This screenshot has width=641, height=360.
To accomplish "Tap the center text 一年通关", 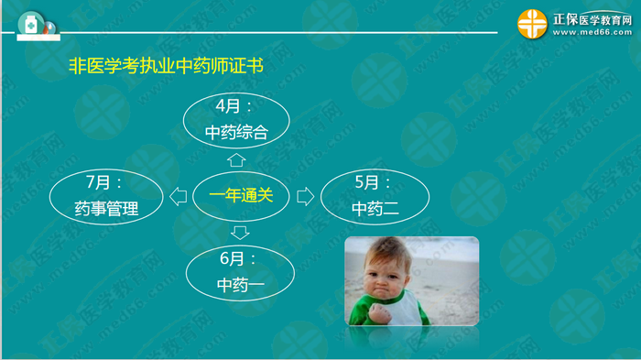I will point(240,195).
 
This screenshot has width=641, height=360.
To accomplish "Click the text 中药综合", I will point(236,133).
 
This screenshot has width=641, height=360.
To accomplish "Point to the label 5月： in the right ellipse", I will point(375,183).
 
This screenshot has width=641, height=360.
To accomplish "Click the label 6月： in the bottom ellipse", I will point(241,260).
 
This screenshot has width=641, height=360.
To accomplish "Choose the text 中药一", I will point(241,284).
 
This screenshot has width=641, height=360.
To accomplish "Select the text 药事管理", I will point(106,209).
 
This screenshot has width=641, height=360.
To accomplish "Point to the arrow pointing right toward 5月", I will point(304,195).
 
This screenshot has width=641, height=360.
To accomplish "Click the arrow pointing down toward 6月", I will point(240,230).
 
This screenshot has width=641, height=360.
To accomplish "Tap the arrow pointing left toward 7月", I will point(178,195).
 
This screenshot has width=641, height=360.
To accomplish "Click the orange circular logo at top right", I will point(532,25).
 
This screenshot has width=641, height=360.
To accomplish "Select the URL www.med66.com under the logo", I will point(590,34).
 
